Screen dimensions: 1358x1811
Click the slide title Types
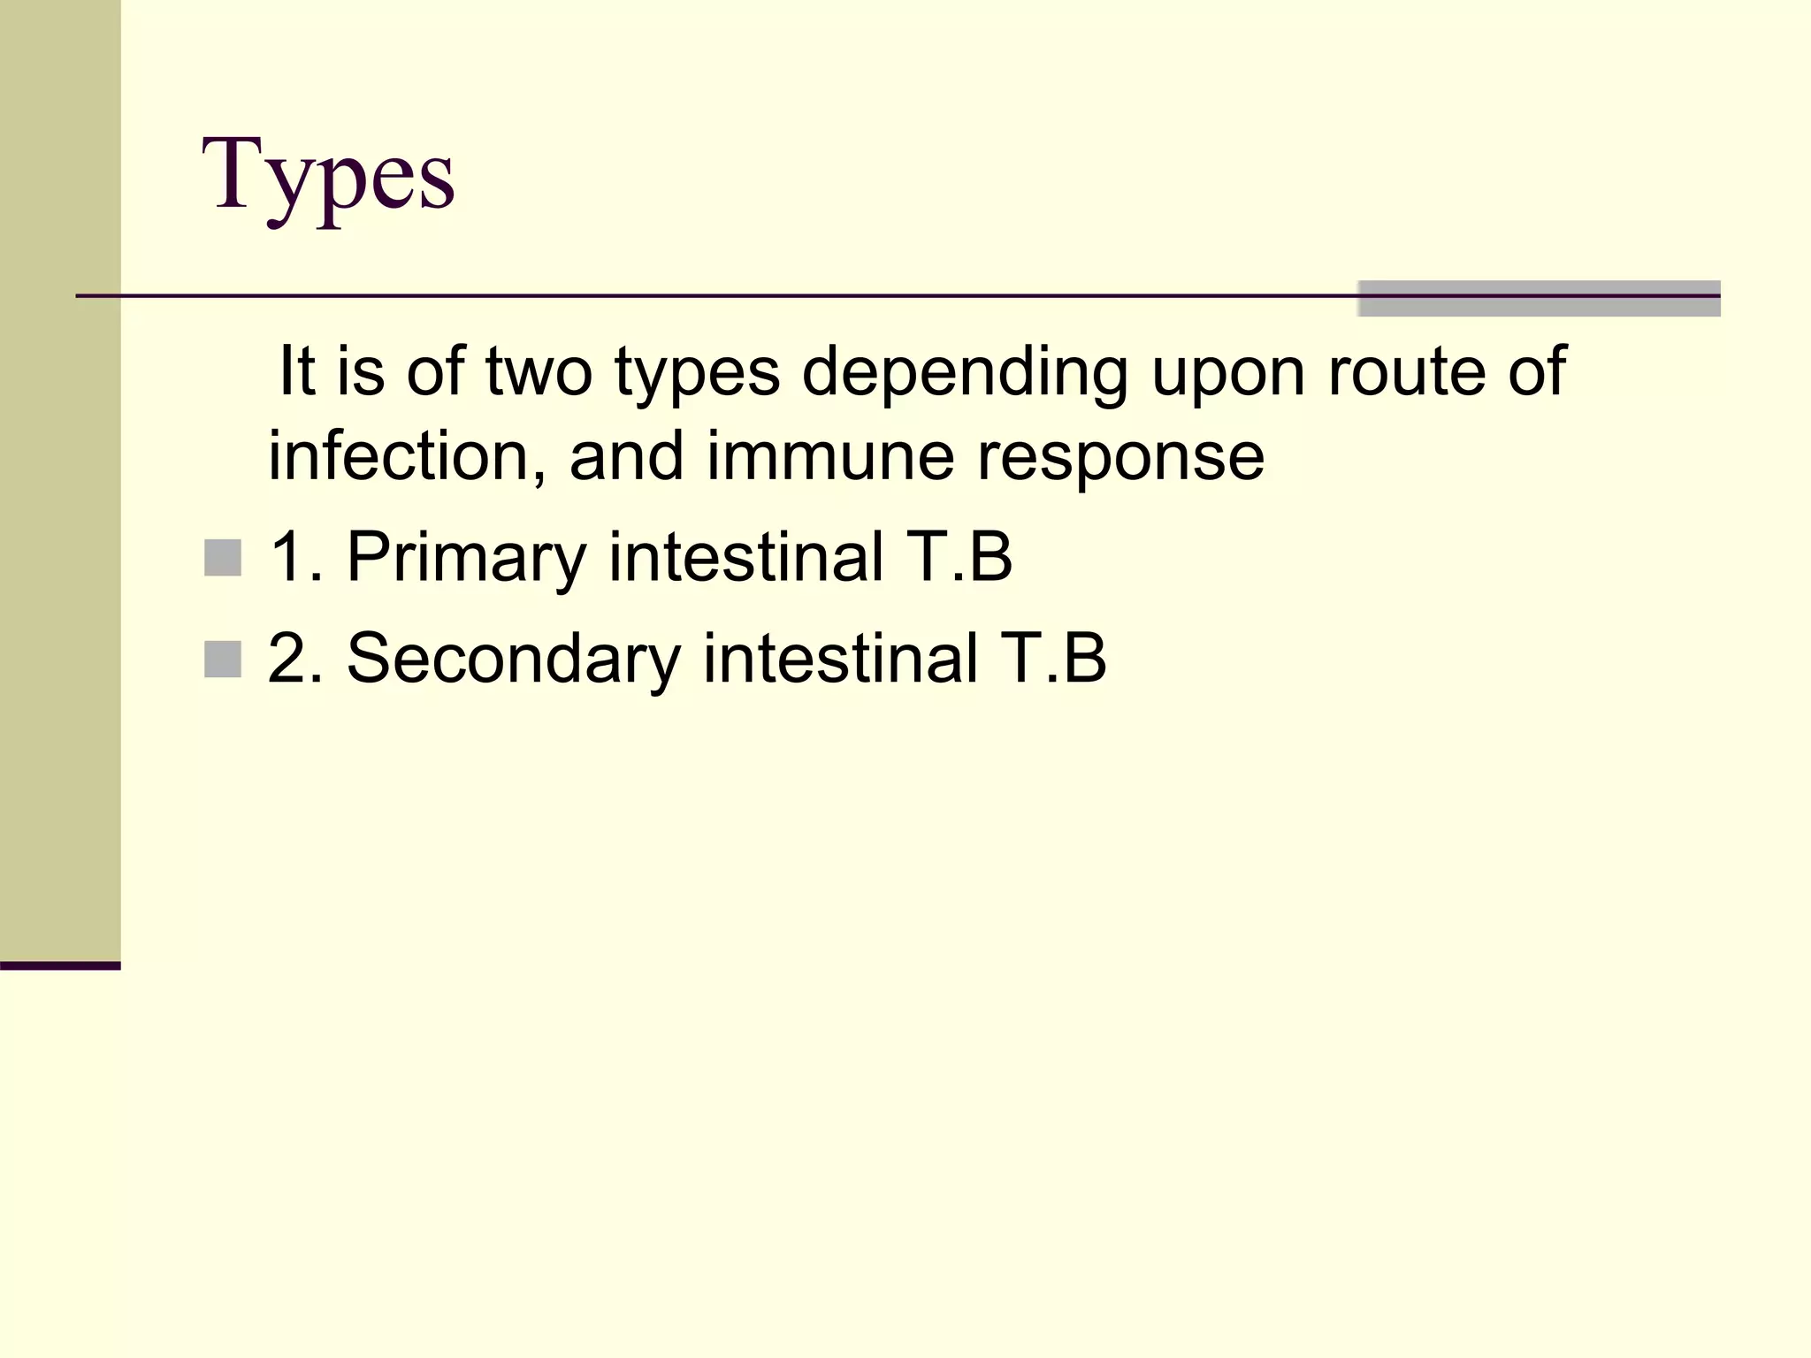pos(328,177)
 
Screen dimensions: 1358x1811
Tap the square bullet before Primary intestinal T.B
pos(222,558)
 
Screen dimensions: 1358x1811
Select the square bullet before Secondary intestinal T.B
pos(222,660)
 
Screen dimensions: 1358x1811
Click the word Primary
pos(466,558)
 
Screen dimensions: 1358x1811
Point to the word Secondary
pos(514,660)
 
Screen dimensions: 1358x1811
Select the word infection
pos(407,456)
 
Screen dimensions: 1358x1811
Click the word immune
pos(830,456)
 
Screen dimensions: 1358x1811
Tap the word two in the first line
pos(539,371)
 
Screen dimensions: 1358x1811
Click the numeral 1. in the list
pos(294,558)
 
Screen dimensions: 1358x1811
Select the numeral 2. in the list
pos(294,660)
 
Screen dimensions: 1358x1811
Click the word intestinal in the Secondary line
pos(840,660)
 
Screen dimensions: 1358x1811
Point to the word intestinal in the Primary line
pos(746,558)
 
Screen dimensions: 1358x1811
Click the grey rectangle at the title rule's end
pos(1539,298)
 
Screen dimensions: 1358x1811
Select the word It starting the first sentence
pos(296,371)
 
